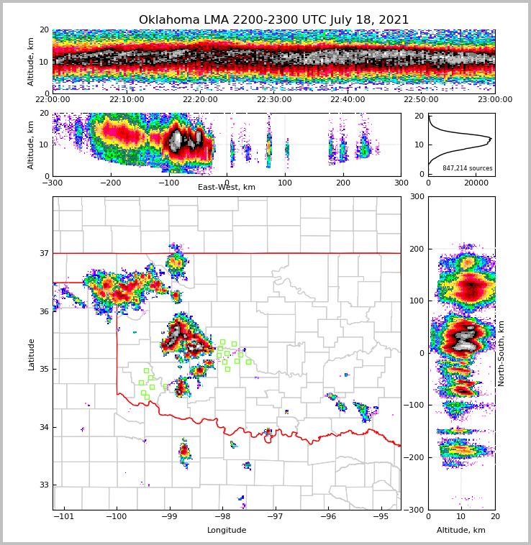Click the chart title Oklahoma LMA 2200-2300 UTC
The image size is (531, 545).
coord(273,20)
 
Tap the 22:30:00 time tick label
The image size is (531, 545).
coord(274,100)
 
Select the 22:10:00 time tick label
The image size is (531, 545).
coord(127,100)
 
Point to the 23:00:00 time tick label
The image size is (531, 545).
coord(495,100)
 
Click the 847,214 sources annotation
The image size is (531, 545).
coord(468,168)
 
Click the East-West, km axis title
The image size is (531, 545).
coord(227,188)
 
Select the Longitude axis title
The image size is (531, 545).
coord(227,531)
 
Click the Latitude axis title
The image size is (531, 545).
coord(31,354)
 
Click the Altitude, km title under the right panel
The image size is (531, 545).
coord(461,531)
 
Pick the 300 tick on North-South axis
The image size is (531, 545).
coord(417,196)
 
